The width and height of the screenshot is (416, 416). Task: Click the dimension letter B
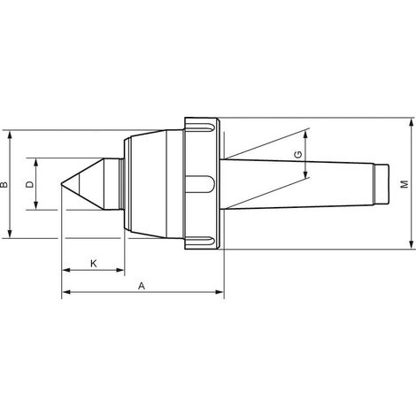[x=4, y=185]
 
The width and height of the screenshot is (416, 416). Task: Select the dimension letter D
[x=30, y=184]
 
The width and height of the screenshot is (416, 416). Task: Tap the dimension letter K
[x=93, y=264]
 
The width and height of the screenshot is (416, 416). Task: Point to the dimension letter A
[x=142, y=286]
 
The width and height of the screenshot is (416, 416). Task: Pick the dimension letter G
[x=298, y=154]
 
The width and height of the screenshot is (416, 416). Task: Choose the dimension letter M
[x=405, y=184]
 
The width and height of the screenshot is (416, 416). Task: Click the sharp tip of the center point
[x=61, y=184]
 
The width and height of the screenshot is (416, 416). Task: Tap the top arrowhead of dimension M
[x=412, y=122]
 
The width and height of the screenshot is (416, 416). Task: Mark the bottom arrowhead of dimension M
[x=412, y=244]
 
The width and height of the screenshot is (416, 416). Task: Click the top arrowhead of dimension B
[x=10, y=135]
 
